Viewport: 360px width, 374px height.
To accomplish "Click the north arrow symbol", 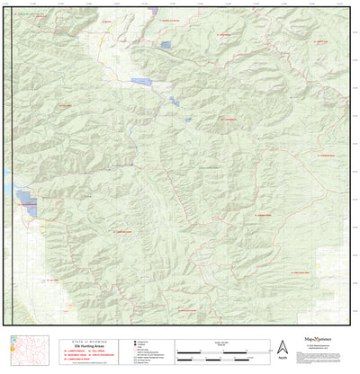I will click(x=282, y=346).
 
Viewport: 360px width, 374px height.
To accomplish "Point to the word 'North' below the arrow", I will click(x=282, y=358).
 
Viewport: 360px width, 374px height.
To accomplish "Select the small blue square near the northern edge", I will click(x=165, y=44).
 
